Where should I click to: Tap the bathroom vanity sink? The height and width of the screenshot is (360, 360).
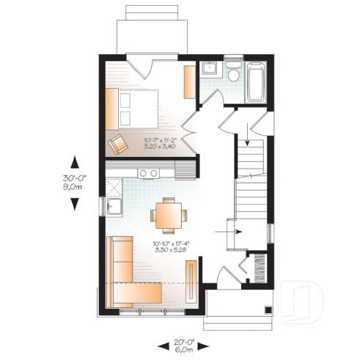(x=209, y=70)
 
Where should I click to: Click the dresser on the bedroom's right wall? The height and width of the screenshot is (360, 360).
(x=189, y=83)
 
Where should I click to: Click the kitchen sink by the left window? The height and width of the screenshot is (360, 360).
(x=114, y=207)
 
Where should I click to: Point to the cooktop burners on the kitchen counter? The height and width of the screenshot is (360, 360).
(x=150, y=173)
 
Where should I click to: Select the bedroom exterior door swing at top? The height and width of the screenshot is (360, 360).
(x=140, y=66)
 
